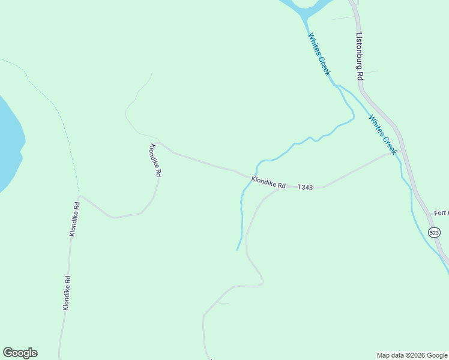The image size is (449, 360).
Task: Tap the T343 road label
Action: (x=305, y=188)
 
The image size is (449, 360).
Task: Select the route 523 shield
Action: (x=434, y=232)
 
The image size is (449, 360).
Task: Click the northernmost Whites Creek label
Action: (x=319, y=54)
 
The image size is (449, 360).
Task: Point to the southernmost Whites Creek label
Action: (x=382, y=135)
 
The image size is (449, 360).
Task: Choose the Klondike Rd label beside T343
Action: (x=268, y=182)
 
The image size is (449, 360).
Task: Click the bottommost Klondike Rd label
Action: (x=67, y=293)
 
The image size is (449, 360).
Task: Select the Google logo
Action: (x=20, y=353)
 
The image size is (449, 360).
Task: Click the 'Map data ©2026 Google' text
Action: (x=412, y=355)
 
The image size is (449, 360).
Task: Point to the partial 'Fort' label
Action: (x=441, y=213)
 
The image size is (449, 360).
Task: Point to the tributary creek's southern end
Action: (x=237, y=250)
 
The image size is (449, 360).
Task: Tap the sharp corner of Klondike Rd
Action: (x=80, y=196)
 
